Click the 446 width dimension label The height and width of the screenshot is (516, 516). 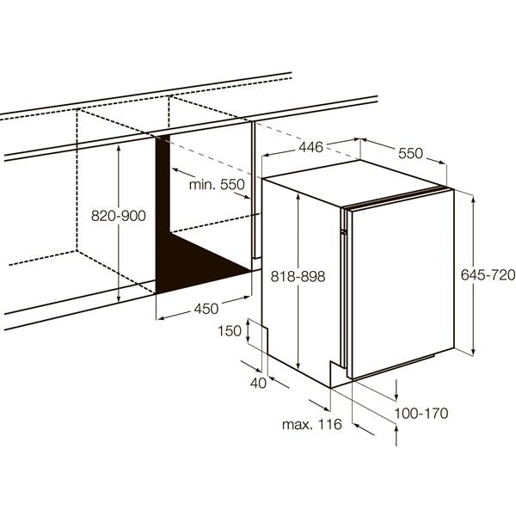[310, 147]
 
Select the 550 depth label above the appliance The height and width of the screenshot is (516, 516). [410, 153]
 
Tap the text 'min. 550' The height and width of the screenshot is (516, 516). [217, 185]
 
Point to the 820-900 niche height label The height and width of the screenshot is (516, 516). [119, 216]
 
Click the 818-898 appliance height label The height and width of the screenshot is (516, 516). [298, 276]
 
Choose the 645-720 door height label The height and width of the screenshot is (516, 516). [488, 275]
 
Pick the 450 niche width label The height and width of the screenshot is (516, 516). [206, 309]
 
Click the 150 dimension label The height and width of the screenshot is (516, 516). [230, 331]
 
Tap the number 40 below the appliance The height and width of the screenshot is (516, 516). [258, 383]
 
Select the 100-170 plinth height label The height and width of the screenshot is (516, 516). [421, 414]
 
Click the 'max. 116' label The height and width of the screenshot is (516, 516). [312, 424]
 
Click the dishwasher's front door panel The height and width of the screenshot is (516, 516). [402, 284]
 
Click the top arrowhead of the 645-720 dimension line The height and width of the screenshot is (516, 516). [473, 199]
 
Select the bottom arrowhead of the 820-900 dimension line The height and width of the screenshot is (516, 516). [119, 298]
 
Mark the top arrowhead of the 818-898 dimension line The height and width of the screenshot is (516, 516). [298, 197]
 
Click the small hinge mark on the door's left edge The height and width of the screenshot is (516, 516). [344, 232]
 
